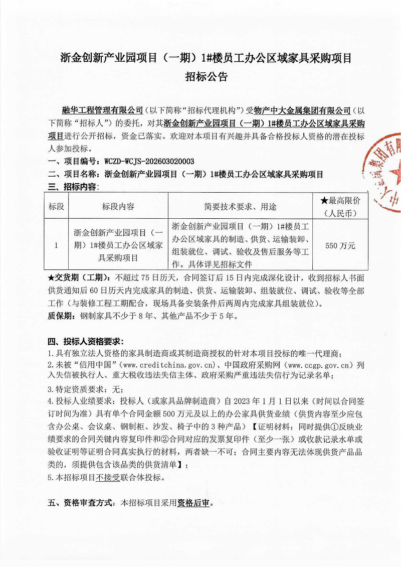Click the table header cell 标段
tap(56, 207)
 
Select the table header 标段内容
tap(118, 207)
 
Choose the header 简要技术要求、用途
tap(240, 207)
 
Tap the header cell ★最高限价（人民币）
tap(340, 206)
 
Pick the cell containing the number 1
tap(56, 245)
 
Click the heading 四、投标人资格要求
tap(85, 342)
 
